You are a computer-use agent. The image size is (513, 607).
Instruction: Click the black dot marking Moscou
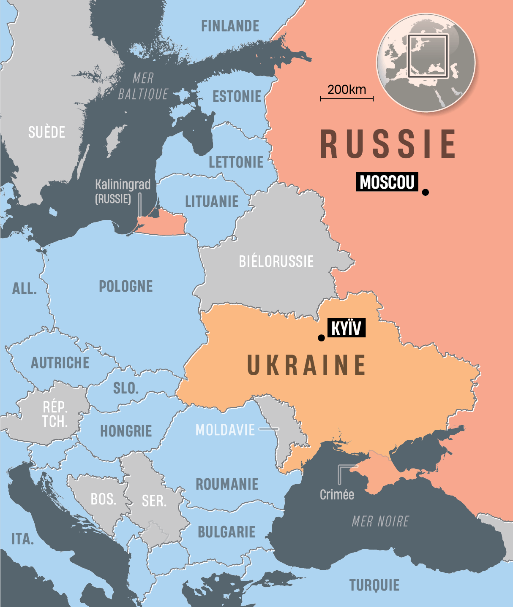click(x=426, y=192)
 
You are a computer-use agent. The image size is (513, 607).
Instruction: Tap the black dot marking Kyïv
click(x=321, y=338)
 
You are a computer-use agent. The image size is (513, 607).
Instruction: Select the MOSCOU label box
click(x=387, y=182)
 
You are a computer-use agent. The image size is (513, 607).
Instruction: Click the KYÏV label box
click(x=347, y=328)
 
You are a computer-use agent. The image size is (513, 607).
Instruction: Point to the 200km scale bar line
click(x=347, y=99)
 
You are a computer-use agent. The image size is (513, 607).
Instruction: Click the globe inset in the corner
click(x=426, y=63)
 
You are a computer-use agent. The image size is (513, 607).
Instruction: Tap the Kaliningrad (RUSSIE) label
click(x=123, y=191)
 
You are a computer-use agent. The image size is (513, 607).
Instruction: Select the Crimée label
click(x=337, y=495)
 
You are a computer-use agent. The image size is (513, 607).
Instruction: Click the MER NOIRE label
click(x=380, y=522)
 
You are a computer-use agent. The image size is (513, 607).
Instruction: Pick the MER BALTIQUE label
click(x=143, y=86)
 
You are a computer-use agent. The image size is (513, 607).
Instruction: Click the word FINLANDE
click(x=230, y=26)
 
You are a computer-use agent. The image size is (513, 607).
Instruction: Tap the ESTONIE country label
click(x=237, y=97)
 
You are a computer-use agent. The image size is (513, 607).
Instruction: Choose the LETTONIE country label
click(x=236, y=162)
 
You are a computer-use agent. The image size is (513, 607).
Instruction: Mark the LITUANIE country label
click(x=212, y=202)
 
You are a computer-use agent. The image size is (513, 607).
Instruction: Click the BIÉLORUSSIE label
click(x=276, y=262)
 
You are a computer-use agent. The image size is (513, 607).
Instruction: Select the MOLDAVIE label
click(x=225, y=430)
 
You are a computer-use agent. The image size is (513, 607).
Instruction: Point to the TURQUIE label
click(x=374, y=585)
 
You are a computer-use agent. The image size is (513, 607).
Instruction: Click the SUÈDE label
click(x=46, y=133)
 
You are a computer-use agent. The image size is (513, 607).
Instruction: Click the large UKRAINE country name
click(x=306, y=365)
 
